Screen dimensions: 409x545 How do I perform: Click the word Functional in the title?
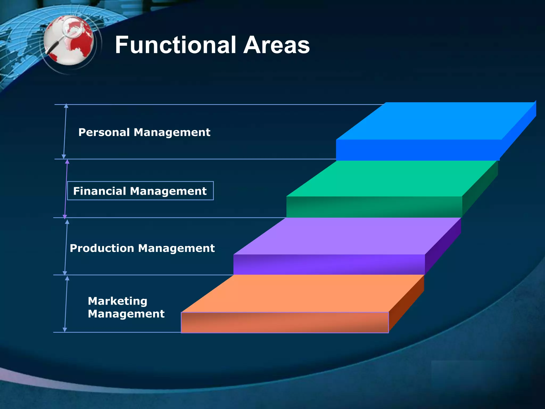[176, 45]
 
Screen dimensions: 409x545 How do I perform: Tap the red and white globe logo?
[69, 40]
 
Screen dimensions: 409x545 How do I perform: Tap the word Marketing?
[117, 301]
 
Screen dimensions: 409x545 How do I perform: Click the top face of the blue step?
[436, 121]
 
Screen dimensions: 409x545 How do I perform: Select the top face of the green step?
[391, 178]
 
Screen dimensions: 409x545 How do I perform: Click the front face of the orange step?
[285, 322]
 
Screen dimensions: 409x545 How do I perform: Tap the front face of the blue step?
[418, 150]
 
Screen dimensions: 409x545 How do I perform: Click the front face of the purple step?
[329, 264]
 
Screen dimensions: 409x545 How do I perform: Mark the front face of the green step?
[374, 207]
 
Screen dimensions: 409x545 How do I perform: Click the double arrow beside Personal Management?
[65, 131]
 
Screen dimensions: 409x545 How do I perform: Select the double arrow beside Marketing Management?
[66, 304]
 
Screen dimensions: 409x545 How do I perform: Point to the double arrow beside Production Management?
[66, 247]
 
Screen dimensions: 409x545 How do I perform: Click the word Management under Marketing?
[126, 314]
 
